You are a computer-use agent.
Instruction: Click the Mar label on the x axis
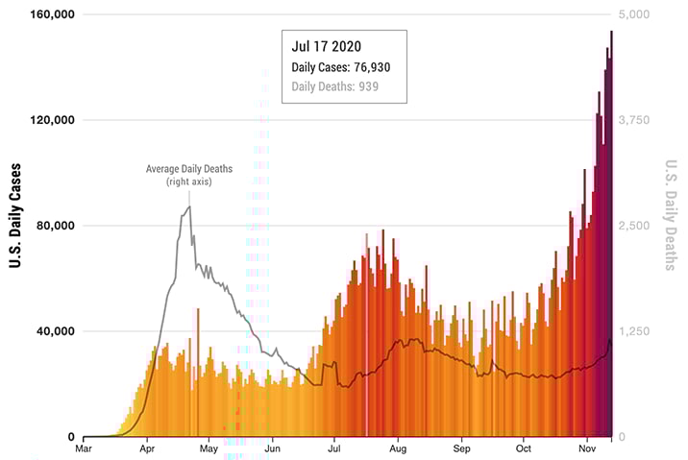85,448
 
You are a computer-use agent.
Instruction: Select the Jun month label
272,448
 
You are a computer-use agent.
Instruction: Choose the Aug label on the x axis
398,448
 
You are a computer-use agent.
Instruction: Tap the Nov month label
587,448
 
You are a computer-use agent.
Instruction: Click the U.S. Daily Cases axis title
16,226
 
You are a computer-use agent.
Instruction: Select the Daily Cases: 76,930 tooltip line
340,67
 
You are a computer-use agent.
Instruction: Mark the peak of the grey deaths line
189,206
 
